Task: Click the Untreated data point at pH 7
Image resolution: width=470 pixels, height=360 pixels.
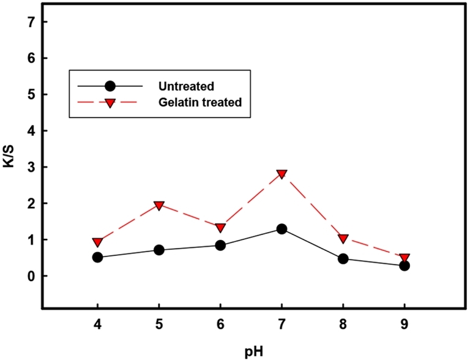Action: (282, 229)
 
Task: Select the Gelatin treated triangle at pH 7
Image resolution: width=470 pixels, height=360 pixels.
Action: (282, 174)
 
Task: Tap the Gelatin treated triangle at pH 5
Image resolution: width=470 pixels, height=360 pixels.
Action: (159, 205)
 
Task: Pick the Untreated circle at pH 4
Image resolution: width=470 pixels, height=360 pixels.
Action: (97, 258)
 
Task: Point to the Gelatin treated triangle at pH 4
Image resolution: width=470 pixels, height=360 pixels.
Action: (97, 242)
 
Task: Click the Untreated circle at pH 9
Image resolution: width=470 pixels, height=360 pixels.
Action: (405, 266)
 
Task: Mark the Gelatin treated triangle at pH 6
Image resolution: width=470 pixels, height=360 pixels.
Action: (220, 228)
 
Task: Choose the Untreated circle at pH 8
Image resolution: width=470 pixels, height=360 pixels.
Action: (343, 259)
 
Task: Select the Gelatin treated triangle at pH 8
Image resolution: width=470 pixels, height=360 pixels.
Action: (343, 238)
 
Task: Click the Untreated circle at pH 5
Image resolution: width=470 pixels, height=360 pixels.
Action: (159, 250)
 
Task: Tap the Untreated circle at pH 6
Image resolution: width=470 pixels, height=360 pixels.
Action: (220, 246)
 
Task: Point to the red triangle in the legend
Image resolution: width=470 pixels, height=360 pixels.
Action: (111, 103)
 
